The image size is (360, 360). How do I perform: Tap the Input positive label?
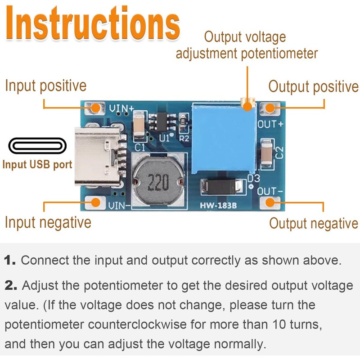(45, 85)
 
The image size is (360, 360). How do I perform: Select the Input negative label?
(48, 222)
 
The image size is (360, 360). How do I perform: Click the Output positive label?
(313, 86)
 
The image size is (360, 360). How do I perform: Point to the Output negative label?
(313, 223)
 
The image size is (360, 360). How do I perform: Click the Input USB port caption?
(37, 164)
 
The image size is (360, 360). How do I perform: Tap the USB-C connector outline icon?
(37, 146)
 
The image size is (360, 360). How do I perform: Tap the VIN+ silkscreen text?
(121, 108)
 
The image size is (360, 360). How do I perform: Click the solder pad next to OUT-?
(270, 202)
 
